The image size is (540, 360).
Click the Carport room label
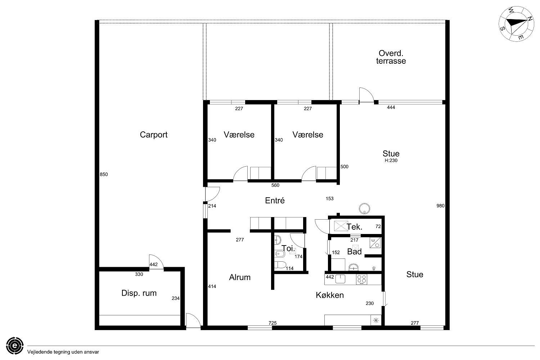[x=154, y=135]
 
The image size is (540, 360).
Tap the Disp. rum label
[x=139, y=293]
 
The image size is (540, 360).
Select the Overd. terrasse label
[x=391, y=57]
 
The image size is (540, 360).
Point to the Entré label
[x=275, y=201]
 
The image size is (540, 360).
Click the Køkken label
[x=329, y=295]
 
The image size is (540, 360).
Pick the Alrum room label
[x=240, y=277]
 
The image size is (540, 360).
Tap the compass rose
[x=516, y=24]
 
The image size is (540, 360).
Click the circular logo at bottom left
[x=15, y=346]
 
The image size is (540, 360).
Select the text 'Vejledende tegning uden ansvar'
[x=63, y=352]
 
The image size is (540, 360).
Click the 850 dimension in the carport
[x=104, y=174]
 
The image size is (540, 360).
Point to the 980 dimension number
[x=440, y=206]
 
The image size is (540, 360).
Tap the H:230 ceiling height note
[x=391, y=160]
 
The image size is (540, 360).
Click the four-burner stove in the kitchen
[x=361, y=279]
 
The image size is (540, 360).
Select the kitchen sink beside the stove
[x=340, y=279]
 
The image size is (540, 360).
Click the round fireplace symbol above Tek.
[x=364, y=208]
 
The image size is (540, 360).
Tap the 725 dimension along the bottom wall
[x=273, y=323]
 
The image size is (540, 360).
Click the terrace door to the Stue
[x=366, y=95]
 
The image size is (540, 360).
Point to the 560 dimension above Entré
[x=275, y=185]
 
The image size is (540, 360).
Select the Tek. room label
[x=354, y=227]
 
